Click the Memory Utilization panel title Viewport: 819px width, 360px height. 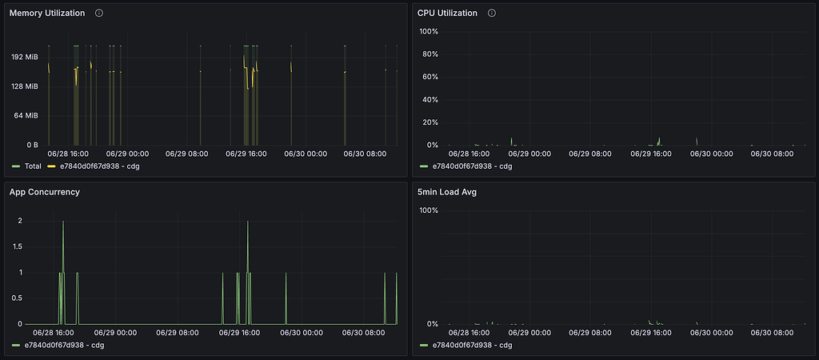tap(47, 13)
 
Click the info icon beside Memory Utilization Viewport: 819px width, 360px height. tap(98, 13)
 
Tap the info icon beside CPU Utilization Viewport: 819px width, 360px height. tap(491, 13)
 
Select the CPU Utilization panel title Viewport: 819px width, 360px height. tap(447, 13)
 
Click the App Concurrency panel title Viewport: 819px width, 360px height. tap(44, 192)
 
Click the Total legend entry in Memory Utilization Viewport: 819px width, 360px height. tap(32, 166)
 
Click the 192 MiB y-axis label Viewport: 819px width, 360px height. tap(25, 57)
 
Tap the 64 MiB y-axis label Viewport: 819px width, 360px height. tap(26, 115)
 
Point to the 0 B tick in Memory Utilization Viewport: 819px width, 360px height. tap(31, 145)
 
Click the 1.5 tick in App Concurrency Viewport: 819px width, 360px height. tap(18, 246)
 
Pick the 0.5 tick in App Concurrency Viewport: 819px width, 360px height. tap(18, 298)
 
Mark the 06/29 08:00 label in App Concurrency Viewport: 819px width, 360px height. tap(177, 333)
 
